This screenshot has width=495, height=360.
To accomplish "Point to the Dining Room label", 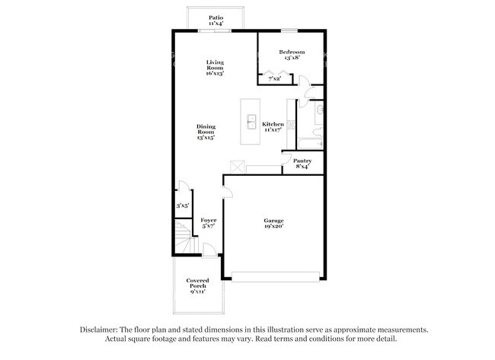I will pyautogui.click(x=206, y=132).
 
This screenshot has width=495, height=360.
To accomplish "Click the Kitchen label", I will pyautogui.click(x=273, y=127).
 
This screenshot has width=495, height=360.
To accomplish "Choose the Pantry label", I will pyautogui.click(x=302, y=164).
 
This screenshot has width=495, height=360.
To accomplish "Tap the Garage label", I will pyautogui.click(x=273, y=223).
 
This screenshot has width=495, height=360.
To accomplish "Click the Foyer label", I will pyautogui.click(x=208, y=223).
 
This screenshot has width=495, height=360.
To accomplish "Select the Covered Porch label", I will pyautogui.click(x=198, y=286).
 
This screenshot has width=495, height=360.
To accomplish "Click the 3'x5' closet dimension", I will pyautogui.click(x=183, y=205).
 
